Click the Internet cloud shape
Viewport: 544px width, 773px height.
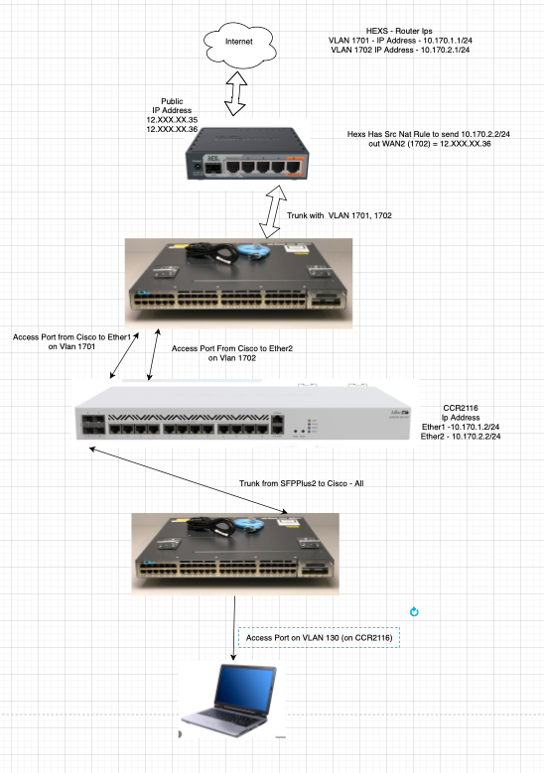coord(239,45)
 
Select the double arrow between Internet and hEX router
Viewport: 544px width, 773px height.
coord(235,93)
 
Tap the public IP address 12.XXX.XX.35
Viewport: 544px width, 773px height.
coord(172,120)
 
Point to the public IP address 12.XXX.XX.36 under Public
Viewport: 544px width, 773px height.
coord(172,129)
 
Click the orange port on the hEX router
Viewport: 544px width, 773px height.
coord(294,167)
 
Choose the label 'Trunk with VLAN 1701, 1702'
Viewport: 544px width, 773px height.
coord(340,215)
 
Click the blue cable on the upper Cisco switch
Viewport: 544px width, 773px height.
coord(253,250)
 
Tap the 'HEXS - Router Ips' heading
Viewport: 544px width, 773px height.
coord(399,31)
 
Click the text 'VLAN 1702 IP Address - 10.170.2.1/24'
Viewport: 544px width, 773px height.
coord(400,50)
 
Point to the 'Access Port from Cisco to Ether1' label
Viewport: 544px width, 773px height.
coord(72,337)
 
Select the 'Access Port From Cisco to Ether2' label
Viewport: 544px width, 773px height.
coord(232,348)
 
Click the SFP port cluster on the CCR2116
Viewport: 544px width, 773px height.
coord(93,426)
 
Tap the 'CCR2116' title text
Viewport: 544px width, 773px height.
coord(461,408)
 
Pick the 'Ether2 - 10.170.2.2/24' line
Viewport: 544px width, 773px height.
coord(461,437)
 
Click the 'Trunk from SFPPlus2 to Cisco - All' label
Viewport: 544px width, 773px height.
coord(302,483)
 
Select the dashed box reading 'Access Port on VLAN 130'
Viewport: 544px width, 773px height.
coord(319,637)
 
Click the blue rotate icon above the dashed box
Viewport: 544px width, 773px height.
coord(414,612)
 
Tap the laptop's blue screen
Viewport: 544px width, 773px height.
coord(244,686)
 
